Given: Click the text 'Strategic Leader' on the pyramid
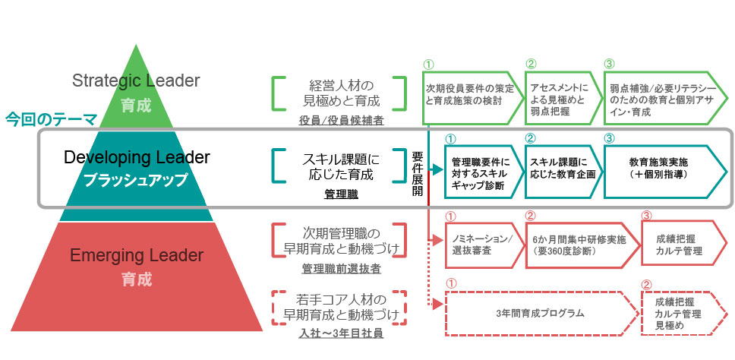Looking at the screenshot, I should (x=136, y=81).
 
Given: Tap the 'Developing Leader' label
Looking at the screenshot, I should (x=137, y=158).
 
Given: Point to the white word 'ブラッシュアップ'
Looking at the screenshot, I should (x=137, y=180).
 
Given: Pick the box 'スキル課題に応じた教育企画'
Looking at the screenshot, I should (x=561, y=168).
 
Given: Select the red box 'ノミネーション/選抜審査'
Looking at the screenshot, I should (x=476, y=244).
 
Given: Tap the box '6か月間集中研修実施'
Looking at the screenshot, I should (x=576, y=244).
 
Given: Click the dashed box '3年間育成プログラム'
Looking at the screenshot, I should (x=539, y=312).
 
